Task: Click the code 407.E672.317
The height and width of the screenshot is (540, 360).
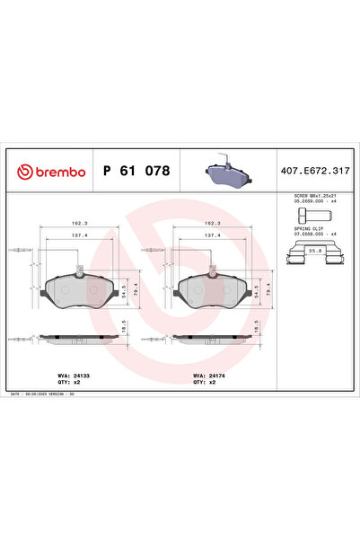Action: [314, 171]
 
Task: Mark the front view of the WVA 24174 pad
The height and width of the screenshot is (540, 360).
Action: [214, 289]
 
